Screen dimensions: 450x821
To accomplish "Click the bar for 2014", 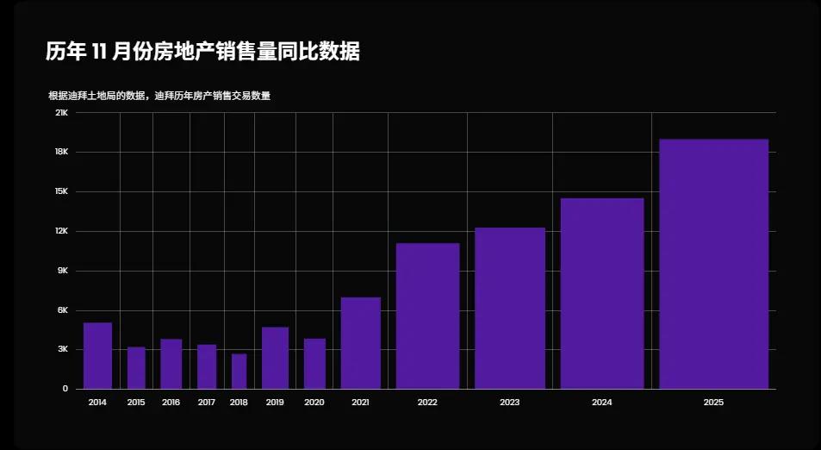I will [x=97, y=355].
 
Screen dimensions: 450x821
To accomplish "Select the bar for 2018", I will [x=239, y=372].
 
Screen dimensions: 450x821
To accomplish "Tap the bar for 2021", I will [x=360, y=343].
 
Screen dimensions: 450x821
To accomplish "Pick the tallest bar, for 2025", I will [x=713, y=264].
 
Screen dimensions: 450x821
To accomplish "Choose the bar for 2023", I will [x=509, y=308].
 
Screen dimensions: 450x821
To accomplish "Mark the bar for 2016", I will [x=171, y=364].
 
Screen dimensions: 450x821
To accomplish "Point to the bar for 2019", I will [x=275, y=358].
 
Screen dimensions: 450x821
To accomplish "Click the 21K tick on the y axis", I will [x=61, y=113].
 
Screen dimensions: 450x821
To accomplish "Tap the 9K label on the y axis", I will [x=62, y=271].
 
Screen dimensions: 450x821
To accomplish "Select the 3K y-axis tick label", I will [x=62, y=349].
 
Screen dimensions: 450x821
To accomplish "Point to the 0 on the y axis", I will [x=65, y=389].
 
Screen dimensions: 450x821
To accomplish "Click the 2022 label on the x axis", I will [x=427, y=403].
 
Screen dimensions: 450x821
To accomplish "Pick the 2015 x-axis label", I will [x=136, y=403].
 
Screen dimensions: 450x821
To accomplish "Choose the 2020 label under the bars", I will [x=314, y=403].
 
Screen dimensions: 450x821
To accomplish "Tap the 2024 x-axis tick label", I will [x=602, y=403].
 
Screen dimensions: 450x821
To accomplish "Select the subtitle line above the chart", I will [x=159, y=96].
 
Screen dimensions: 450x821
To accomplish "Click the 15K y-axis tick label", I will [x=61, y=191].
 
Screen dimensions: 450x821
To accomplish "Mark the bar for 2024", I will [x=602, y=293].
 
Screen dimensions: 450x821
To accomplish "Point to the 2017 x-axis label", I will [x=207, y=403].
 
